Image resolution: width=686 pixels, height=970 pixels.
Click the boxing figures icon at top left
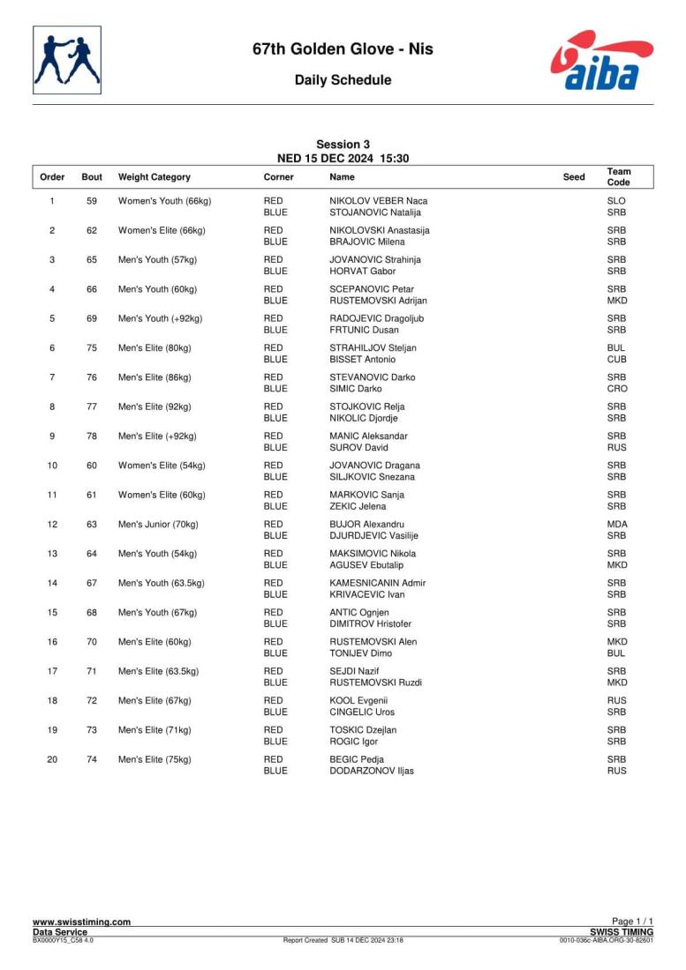pos(67,60)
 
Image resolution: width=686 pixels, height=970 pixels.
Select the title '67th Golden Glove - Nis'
pos(343,49)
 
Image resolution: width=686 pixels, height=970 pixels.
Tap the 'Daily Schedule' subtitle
pos(343,80)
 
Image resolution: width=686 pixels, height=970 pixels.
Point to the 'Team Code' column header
pos(619,176)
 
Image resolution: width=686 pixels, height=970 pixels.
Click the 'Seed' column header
pos(574,177)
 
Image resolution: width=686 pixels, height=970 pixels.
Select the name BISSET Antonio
pos(362,360)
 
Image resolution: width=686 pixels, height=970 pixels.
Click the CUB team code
pos(616,360)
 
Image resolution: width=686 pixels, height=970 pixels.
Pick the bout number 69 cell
pos(92,318)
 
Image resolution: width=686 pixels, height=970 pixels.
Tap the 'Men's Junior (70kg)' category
pos(162,525)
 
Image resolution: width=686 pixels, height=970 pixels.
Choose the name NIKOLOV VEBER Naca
pos(378,201)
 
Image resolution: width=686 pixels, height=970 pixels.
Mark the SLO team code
pos(616,201)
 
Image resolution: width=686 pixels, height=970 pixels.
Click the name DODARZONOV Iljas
pos(371,771)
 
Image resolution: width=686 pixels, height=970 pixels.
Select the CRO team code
pos(616,389)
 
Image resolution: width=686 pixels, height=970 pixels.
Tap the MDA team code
pos(617,525)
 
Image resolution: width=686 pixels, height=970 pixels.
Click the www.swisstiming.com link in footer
pos(81,921)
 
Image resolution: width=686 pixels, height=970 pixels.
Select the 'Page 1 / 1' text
pos(632,921)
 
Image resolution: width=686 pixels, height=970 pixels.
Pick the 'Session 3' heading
pos(343,145)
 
